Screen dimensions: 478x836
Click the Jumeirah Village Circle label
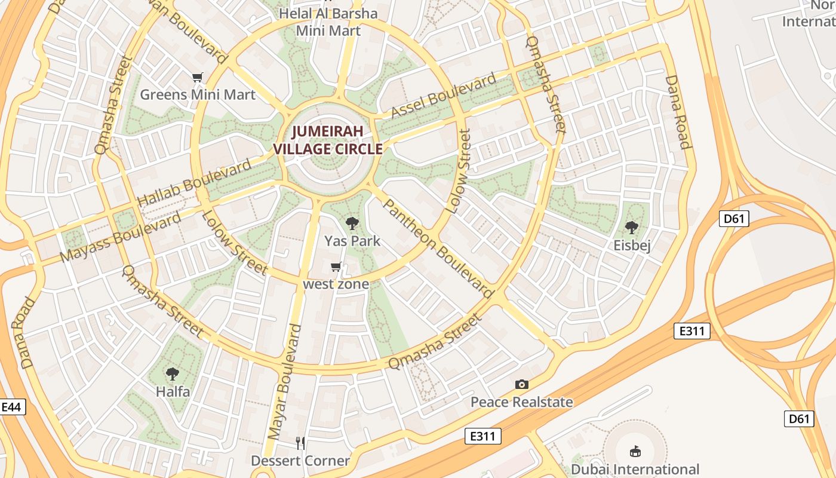click(328, 140)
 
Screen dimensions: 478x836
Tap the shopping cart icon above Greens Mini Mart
click(198, 77)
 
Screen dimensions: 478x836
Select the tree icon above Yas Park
click(352, 223)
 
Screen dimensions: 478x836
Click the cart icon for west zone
click(336, 266)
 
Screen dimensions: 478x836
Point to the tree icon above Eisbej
click(632, 228)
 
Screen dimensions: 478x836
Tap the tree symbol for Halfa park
click(173, 374)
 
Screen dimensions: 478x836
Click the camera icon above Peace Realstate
click(522, 384)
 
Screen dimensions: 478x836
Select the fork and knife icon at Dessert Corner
click(300, 443)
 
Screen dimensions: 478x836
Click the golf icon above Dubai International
click(635, 451)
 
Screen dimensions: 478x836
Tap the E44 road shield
click(12, 407)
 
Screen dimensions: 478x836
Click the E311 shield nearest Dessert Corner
click(482, 436)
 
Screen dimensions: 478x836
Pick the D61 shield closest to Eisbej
click(734, 219)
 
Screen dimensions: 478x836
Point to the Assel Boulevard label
click(443, 96)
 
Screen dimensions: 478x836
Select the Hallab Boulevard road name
click(195, 183)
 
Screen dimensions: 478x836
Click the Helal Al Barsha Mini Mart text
click(328, 22)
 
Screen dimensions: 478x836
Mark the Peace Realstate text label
click(522, 402)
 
